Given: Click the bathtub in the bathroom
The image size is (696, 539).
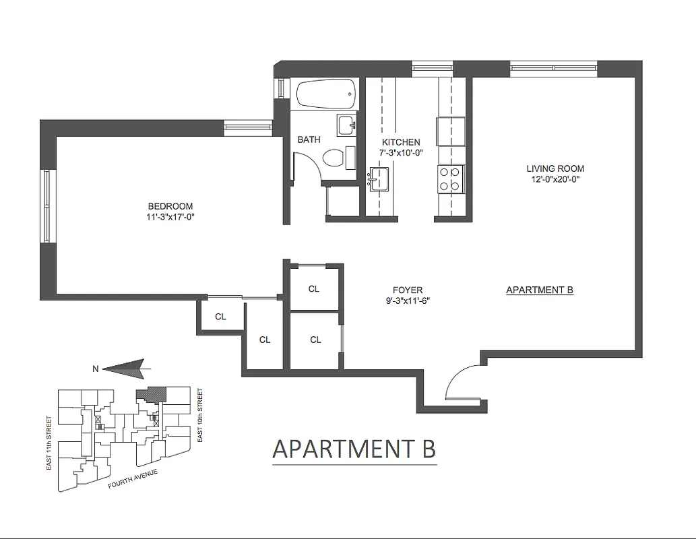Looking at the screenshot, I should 325,94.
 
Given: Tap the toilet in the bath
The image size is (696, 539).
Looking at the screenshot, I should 334,158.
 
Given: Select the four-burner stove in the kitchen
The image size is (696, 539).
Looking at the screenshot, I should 449,179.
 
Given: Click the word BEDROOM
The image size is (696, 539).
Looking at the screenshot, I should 170,206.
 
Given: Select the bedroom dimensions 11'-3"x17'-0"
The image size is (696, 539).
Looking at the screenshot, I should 170,216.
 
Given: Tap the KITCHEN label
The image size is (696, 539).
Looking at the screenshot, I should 401,142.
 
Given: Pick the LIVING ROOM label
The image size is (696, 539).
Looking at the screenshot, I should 555,168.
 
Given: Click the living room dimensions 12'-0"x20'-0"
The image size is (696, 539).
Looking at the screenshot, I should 555,179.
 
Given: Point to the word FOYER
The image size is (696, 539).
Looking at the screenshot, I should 406,290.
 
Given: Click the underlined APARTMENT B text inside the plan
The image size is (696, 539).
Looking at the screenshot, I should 539,290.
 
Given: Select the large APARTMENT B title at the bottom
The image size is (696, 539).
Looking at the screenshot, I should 354,449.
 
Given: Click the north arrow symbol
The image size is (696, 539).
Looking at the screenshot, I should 128,368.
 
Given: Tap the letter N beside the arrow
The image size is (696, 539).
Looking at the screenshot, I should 96,369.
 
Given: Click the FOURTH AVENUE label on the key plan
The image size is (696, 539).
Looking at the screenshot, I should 133,479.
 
